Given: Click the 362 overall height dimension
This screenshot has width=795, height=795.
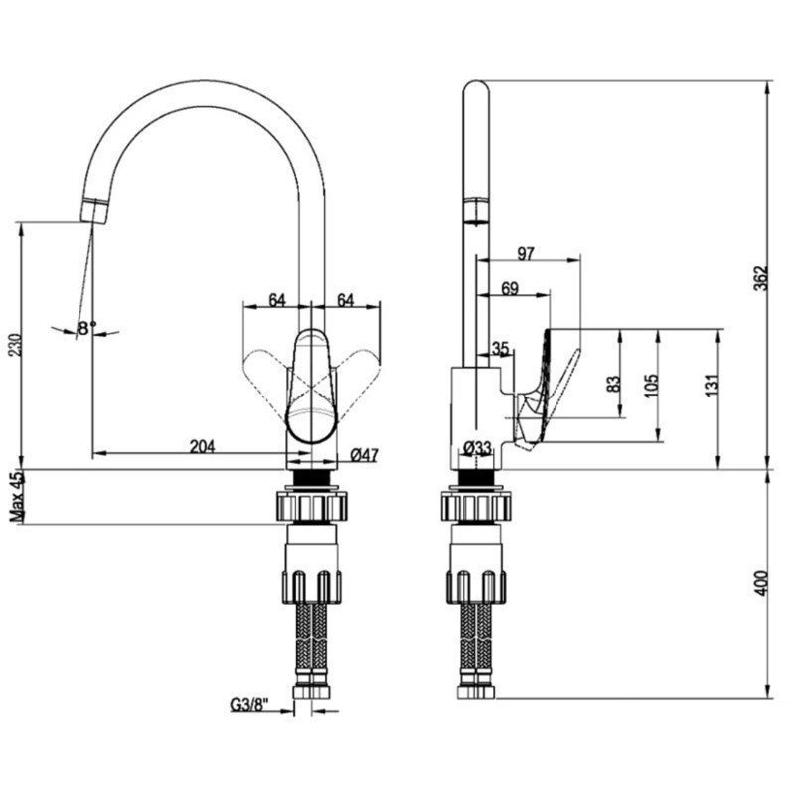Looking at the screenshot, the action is click(x=762, y=278).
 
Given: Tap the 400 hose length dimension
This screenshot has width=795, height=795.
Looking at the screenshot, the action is click(x=762, y=583).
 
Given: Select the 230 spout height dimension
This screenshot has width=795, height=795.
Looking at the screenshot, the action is click(x=16, y=345).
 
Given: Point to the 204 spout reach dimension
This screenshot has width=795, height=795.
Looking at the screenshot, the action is click(x=203, y=446).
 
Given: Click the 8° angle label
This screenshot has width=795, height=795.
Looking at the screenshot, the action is click(x=86, y=329).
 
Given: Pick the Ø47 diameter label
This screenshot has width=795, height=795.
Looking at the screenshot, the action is click(x=365, y=455).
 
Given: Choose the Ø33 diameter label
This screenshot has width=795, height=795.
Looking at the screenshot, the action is click(x=478, y=448).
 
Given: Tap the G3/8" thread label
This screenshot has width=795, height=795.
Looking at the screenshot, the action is click(x=249, y=705).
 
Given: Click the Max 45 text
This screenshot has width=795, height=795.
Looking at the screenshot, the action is click(x=17, y=497).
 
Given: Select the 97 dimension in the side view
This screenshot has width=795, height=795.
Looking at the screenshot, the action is click(x=526, y=253).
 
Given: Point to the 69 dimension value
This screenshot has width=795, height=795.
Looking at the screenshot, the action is click(x=510, y=288).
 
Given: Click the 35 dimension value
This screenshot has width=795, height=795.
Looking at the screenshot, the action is click(x=500, y=349).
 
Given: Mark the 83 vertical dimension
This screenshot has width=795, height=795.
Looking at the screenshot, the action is click(x=613, y=384).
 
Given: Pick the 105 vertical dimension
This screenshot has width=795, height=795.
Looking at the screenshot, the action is click(x=652, y=386).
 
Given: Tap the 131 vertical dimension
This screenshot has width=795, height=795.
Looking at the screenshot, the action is click(x=713, y=386).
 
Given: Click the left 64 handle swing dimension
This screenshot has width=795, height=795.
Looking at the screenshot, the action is click(x=277, y=300).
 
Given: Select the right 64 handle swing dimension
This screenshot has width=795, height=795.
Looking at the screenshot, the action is click(x=345, y=300).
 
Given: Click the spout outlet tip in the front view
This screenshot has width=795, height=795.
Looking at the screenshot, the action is click(x=93, y=211).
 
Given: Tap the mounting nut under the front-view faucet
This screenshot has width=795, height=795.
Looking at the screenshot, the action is click(x=312, y=506).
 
